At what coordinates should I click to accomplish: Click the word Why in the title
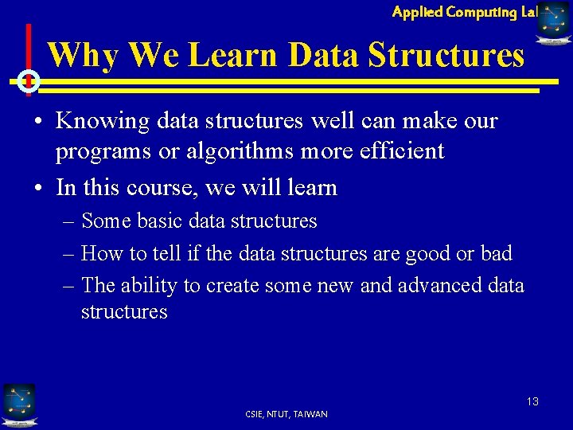click(x=83, y=55)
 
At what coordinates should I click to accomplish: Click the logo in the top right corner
click(x=554, y=21)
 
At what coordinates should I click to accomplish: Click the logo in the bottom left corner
click(x=18, y=404)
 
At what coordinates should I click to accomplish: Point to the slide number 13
click(x=532, y=401)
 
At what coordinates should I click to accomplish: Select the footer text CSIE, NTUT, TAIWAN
click(x=286, y=414)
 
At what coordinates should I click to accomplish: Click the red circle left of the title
click(x=29, y=80)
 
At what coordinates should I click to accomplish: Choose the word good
click(x=430, y=254)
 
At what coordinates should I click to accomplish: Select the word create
click(x=232, y=285)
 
